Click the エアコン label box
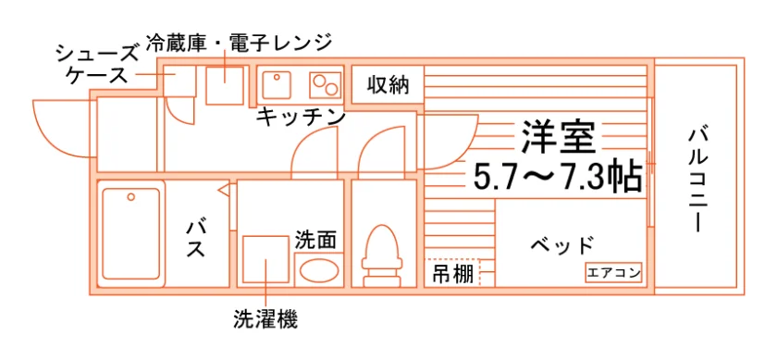pos(613,272)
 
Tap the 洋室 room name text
pos(557,136)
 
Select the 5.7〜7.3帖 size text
pos(558,177)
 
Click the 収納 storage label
pos(388,85)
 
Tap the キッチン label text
pos(301,117)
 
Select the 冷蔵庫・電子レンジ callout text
pos(239,43)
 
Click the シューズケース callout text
pos(95,63)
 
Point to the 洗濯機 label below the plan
pos(265,319)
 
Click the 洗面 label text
pos(315,240)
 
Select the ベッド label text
pos(562,244)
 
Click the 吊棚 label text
pos(452,273)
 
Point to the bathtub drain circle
pos(130,197)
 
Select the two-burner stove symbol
pos(326,84)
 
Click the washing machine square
pos(265,259)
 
